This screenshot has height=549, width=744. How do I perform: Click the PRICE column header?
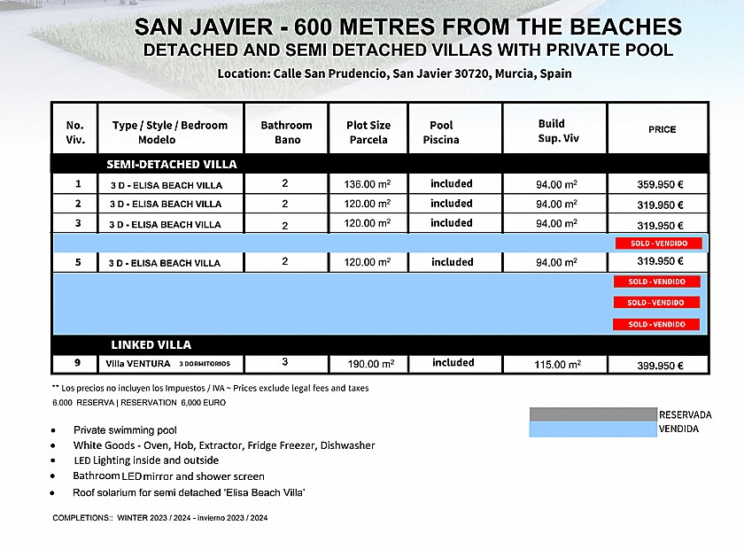coord(662,129)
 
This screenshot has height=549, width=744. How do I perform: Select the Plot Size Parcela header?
coord(368,132)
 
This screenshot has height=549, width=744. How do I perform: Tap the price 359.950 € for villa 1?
coord(660,185)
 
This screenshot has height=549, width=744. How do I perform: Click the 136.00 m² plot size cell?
coord(368,184)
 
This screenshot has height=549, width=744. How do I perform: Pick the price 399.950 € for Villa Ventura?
coord(660,365)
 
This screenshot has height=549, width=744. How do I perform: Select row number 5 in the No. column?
coord(78,262)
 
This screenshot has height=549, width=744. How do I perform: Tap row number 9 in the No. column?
coord(78,363)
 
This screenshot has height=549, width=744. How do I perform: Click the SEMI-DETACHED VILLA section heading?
coord(172,164)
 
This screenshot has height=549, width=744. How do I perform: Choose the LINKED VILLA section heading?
coord(151,344)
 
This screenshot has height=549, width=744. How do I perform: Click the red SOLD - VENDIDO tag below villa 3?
coord(657,243)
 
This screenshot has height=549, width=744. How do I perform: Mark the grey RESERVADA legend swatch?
coord(593,414)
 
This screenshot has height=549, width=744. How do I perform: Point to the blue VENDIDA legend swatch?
coord(593,429)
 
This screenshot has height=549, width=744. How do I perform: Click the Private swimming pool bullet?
coord(125,430)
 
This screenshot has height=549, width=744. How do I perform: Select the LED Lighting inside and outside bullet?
coord(146,460)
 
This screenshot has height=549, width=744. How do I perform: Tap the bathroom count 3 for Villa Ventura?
coord(285,362)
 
